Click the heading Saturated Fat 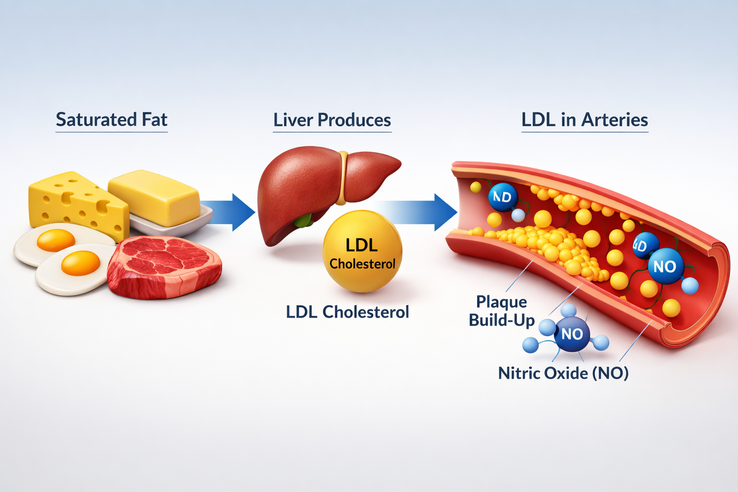111,120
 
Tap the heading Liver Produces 332,120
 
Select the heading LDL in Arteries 584,120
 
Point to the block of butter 154,197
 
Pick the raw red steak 163,267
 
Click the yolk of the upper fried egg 56,240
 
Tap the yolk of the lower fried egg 81,263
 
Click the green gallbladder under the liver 303,221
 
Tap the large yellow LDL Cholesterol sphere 362,252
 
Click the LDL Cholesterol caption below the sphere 347,312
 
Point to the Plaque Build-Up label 501,311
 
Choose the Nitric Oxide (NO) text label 563,373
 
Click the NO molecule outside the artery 571,333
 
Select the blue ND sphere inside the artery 503,197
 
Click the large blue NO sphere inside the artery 665,266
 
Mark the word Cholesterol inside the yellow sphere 362,264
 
